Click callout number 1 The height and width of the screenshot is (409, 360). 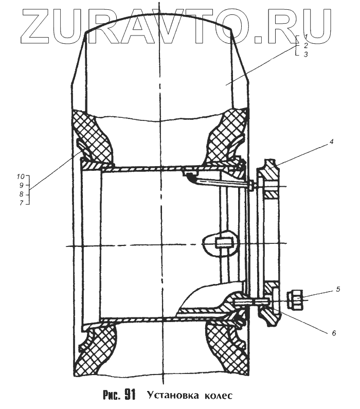[x=305, y=36]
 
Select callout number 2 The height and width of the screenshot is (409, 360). [x=305, y=45]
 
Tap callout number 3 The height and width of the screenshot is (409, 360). [x=305, y=54]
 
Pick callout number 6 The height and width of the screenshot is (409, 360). [x=334, y=333]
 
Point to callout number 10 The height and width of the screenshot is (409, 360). [x=21, y=176]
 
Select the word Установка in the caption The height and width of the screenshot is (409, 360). [x=172, y=396]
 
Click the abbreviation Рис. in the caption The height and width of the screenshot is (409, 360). [x=111, y=396]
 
